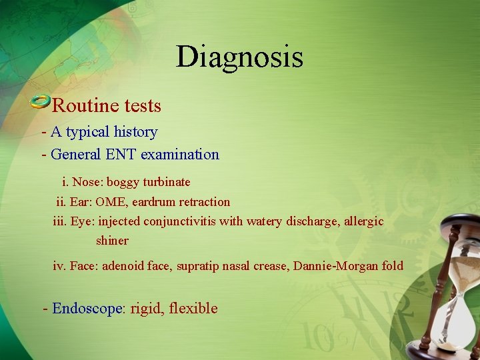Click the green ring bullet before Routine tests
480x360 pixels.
point(40,102)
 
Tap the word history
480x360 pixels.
point(137,132)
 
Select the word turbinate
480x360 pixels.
point(167,182)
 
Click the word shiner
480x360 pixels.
point(112,241)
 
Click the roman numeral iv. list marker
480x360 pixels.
point(59,266)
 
